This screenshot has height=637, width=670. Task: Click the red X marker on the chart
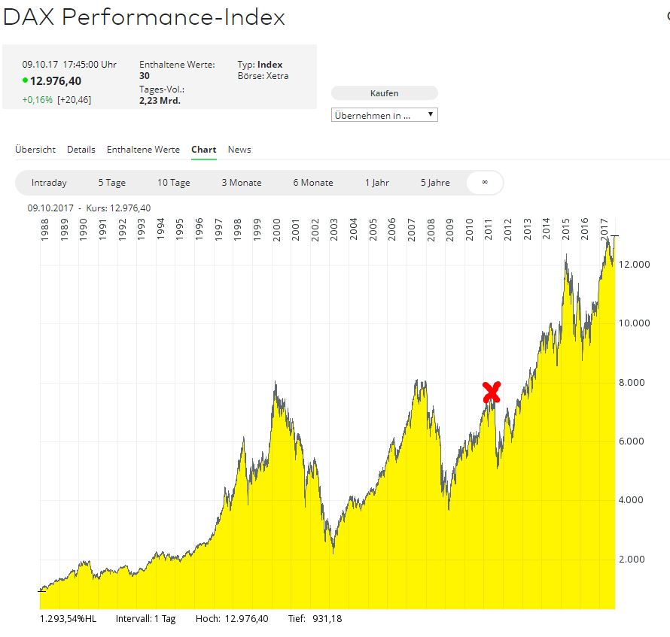tap(492, 392)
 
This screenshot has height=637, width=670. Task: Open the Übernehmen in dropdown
tap(384, 115)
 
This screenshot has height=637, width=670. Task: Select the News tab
tap(239, 150)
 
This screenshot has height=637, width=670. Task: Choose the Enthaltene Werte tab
tap(143, 150)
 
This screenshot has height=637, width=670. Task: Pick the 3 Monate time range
tap(241, 183)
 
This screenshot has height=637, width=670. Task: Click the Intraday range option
tap(49, 183)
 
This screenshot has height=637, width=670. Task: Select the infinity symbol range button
tap(485, 183)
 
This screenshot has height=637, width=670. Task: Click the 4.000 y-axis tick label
tap(632, 500)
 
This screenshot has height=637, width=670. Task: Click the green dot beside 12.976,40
tap(26, 80)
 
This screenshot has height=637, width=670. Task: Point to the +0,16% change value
tap(37, 99)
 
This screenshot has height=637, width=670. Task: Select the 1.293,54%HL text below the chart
tap(68, 619)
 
